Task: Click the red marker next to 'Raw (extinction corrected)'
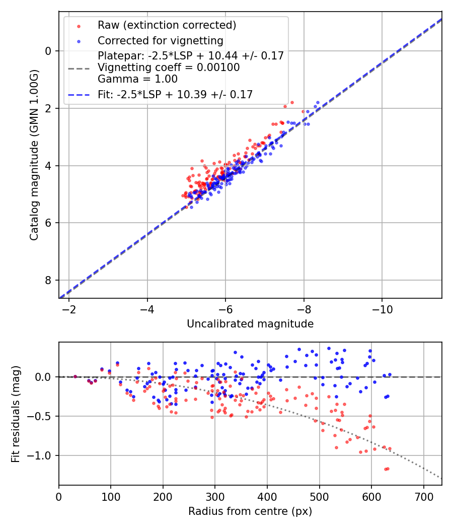click(79, 26)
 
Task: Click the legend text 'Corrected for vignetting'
click(161, 40)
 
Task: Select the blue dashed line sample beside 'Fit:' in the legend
click(79, 94)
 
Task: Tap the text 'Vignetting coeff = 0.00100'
click(169, 68)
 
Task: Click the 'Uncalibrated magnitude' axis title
click(250, 324)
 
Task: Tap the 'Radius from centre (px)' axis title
click(250, 511)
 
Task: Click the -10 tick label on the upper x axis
click(382, 308)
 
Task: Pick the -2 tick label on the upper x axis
click(69, 308)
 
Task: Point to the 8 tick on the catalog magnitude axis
click(48, 280)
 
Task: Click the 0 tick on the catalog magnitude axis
click(48, 51)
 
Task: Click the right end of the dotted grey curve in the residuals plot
click(441, 478)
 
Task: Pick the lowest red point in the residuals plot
click(386, 469)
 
